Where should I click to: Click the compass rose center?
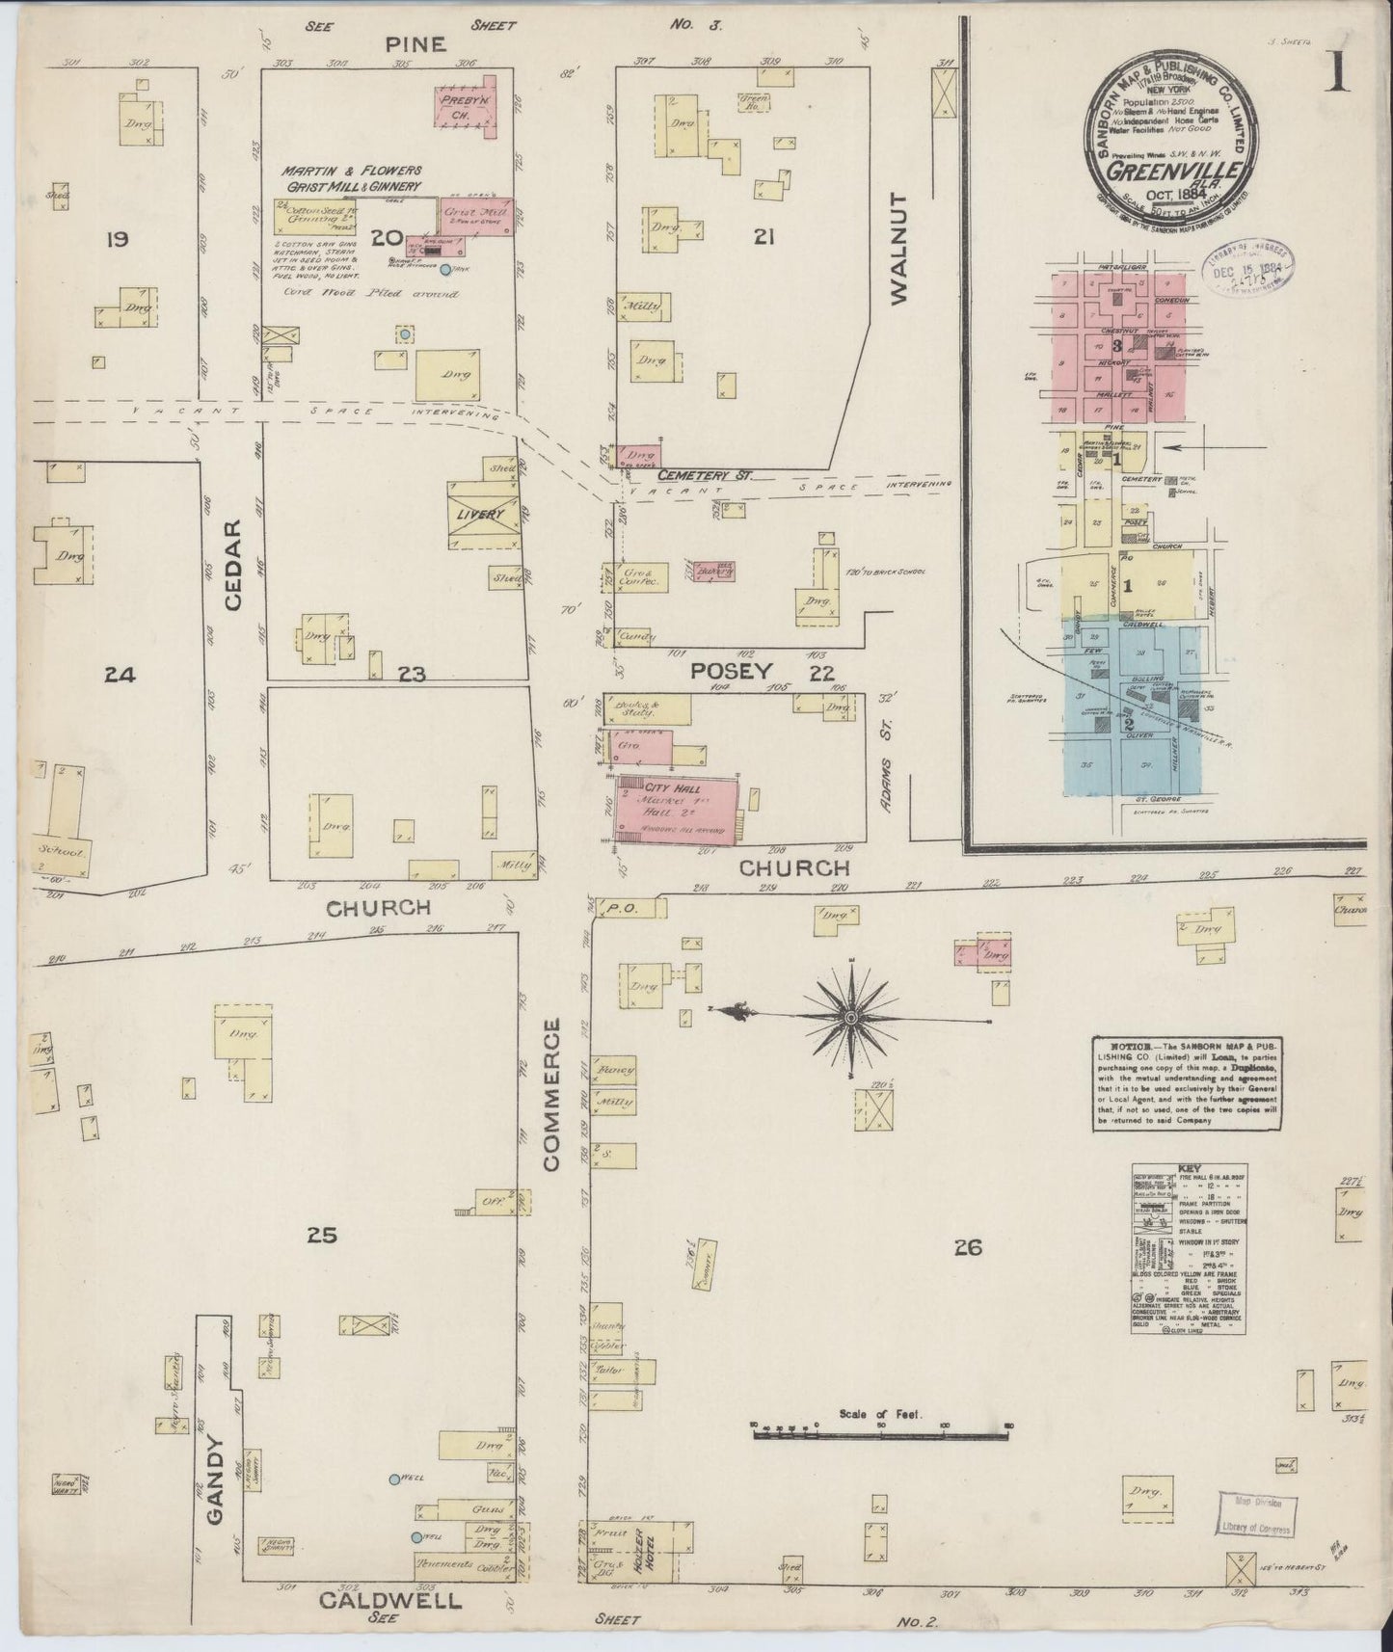click(852, 1017)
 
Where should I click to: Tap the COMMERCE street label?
click(551, 1098)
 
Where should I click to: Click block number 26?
click(967, 1248)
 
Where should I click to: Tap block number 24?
click(121, 675)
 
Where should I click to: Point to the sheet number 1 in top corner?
click(1337, 73)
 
